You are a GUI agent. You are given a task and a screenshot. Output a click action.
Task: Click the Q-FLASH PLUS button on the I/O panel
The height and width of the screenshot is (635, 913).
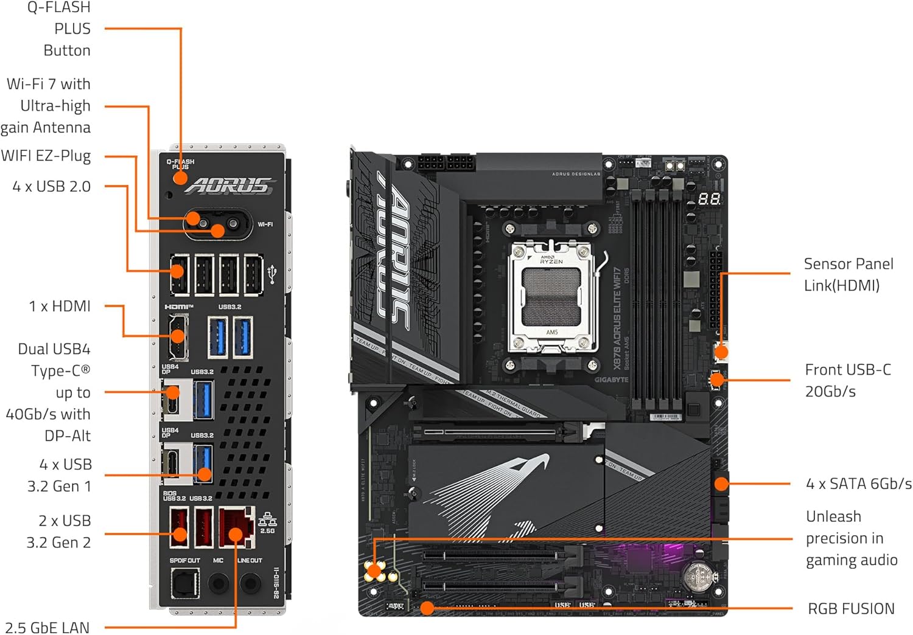click(x=180, y=178)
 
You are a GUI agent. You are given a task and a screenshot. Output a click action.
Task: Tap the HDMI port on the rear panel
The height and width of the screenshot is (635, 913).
click(x=178, y=336)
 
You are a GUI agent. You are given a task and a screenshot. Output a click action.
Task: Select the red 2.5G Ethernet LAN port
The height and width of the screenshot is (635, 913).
click(x=237, y=527)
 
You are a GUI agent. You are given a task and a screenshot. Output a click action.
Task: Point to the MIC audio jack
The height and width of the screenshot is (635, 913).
click(x=219, y=584)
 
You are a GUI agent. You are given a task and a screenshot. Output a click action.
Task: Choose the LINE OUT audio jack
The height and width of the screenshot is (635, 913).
click(x=250, y=584)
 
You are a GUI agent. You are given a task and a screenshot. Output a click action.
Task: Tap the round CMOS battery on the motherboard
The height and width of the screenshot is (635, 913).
click(x=699, y=575)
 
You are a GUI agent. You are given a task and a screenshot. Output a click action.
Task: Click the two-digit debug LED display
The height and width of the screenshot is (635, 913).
click(x=709, y=198)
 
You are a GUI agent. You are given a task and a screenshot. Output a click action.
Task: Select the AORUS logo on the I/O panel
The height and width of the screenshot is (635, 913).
click(x=229, y=186)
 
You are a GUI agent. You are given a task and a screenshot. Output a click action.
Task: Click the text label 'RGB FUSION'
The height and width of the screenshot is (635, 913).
click(x=851, y=609)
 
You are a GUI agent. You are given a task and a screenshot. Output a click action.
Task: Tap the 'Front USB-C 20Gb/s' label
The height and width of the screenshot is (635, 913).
click(x=847, y=380)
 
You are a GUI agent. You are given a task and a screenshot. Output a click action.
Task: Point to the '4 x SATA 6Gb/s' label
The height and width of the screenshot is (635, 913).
click(x=858, y=484)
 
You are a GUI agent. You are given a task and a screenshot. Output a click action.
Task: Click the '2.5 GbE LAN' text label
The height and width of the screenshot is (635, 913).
click(x=47, y=627)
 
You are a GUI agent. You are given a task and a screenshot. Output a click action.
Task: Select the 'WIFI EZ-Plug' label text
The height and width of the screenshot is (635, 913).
click(x=46, y=156)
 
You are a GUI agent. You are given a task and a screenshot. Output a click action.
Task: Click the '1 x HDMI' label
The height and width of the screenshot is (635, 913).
click(x=60, y=306)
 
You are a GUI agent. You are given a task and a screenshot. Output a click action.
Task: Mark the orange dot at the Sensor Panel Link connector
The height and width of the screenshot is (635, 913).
click(x=721, y=352)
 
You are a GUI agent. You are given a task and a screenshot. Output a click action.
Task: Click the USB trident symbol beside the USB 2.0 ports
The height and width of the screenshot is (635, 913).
click(x=272, y=274)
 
